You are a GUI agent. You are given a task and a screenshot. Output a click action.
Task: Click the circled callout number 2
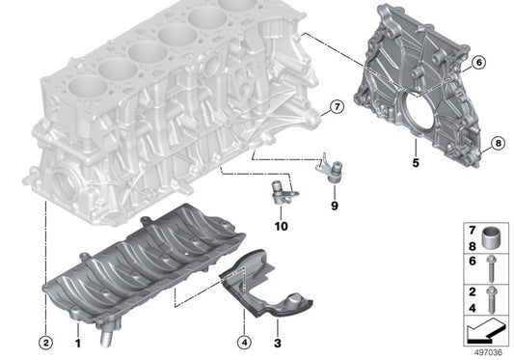45,339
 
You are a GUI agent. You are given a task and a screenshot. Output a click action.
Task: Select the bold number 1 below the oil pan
78,339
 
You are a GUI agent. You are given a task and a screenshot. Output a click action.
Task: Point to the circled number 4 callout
245,339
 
